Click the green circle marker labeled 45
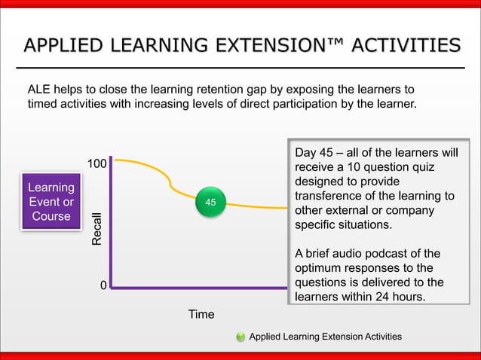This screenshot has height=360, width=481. pyautogui.click(x=210, y=203)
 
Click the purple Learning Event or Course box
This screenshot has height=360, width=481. pyautogui.click(x=51, y=202)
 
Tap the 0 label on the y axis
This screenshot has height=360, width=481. pyautogui.click(x=103, y=287)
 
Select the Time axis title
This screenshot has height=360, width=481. pyautogui.click(x=201, y=314)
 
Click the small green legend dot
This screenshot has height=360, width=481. pyautogui.click(x=240, y=337)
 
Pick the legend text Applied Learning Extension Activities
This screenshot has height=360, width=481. pyautogui.click(x=325, y=337)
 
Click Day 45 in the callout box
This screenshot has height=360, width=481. pyautogui.click(x=312, y=154)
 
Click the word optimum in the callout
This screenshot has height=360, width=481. pyautogui.click(x=320, y=268)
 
